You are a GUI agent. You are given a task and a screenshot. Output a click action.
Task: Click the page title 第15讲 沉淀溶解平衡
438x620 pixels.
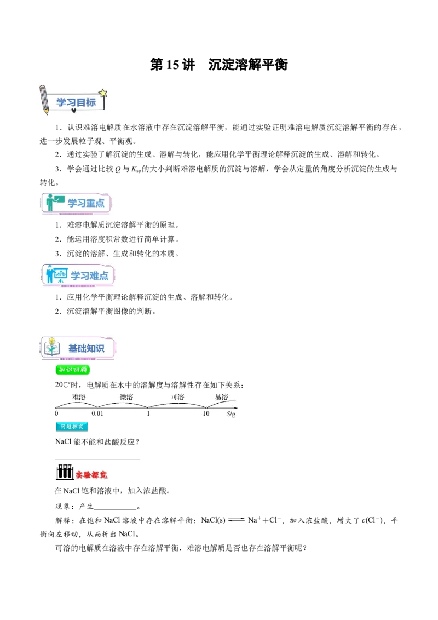[218, 65]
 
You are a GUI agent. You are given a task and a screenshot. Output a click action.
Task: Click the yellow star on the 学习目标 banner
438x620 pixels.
[103, 93]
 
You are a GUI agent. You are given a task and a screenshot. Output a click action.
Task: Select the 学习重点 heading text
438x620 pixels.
[86, 203]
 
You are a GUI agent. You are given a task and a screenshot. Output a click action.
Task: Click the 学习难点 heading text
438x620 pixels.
[89, 275]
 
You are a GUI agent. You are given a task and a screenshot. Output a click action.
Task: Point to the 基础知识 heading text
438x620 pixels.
[86, 348]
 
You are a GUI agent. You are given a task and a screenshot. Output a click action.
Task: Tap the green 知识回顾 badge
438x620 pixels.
[73, 370]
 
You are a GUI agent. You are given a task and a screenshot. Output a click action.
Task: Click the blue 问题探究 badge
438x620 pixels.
[72, 427]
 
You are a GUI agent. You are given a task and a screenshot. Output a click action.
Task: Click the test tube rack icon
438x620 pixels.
[65, 473]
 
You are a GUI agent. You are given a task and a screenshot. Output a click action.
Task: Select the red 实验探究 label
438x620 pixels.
[91, 475]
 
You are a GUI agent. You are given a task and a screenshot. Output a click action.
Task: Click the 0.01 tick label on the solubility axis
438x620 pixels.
[97, 414]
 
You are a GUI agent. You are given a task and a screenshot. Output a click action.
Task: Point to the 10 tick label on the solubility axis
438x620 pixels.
[206, 414]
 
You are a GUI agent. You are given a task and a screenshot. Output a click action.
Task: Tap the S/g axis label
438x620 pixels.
[231, 414]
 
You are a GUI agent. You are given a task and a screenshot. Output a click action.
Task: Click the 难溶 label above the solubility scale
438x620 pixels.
[79, 397]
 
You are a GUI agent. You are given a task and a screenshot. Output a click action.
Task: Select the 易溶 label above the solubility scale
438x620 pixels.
[222, 397]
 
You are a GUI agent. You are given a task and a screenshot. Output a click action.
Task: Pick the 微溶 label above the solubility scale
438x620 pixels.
[126, 397]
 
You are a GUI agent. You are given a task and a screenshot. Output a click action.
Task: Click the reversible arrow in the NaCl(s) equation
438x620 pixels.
[237, 520]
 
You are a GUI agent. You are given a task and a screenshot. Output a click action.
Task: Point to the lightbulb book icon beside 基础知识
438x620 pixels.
[52, 347]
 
